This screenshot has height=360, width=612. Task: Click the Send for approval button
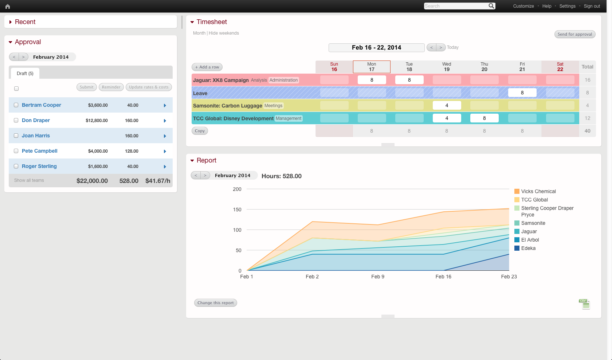(574, 34)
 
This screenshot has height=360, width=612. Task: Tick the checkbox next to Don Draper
(16, 120)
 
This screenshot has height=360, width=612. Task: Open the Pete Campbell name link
(39, 151)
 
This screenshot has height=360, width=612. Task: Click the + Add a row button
(207, 67)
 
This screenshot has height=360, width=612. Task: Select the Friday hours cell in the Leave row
(522, 93)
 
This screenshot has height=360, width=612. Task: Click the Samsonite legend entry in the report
(533, 223)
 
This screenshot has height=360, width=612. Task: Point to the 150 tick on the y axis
(237, 210)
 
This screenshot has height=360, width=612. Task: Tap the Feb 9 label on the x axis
(378, 277)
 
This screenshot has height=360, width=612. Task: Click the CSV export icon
(584, 304)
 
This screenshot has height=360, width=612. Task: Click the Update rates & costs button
(149, 87)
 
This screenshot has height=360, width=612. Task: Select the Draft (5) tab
(25, 73)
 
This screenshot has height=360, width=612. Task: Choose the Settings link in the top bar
(567, 6)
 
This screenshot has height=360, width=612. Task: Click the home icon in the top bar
(8, 6)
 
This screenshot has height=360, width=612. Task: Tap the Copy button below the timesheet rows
(200, 131)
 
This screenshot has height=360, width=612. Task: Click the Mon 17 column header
(372, 67)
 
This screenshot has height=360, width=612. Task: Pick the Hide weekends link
(224, 33)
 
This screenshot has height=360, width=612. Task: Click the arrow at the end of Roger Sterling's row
(165, 167)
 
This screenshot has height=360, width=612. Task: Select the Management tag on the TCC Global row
(289, 118)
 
